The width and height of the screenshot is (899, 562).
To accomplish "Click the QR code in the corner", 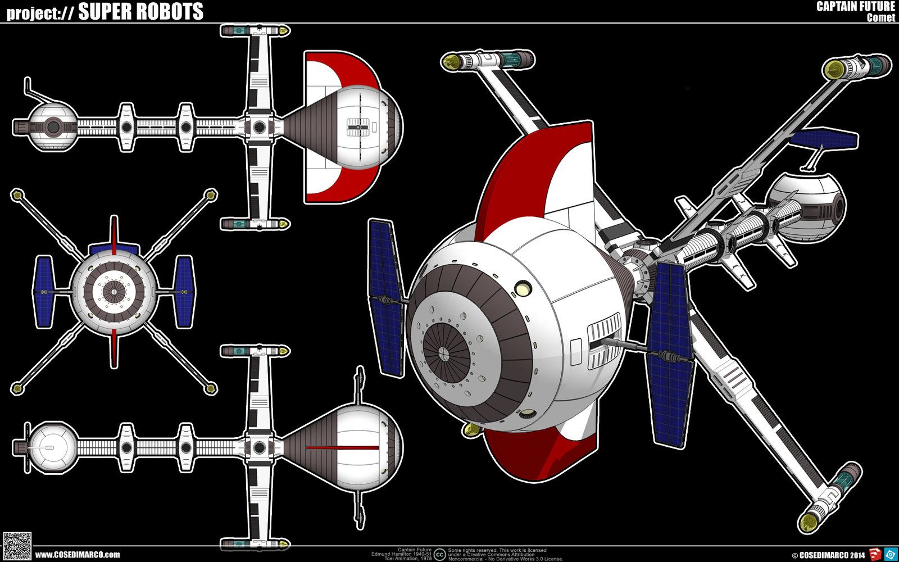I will pyautogui.click(x=17, y=546).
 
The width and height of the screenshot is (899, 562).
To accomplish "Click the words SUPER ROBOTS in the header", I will pyautogui.click(x=140, y=12).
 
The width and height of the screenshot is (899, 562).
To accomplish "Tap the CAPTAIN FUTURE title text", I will pyautogui.click(x=855, y=7).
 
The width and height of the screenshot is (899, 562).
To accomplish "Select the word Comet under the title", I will pyautogui.click(x=880, y=17).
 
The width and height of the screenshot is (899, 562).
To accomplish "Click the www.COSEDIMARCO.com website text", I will pyautogui.click(x=78, y=555).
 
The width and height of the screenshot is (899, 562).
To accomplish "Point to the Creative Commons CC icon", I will pyautogui.click(x=440, y=555).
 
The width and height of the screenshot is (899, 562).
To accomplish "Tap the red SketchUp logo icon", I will pyautogui.click(x=874, y=554).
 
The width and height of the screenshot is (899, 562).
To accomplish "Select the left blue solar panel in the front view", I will pyautogui.click(x=43, y=291).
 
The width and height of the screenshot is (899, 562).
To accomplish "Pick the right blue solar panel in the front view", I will pyautogui.click(x=184, y=291).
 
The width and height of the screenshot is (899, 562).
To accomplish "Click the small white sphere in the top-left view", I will pyautogui.click(x=52, y=128).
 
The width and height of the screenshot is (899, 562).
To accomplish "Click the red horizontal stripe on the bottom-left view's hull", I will pyautogui.click(x=342, y=448).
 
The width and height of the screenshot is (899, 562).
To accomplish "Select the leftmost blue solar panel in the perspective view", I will pyautogui.click(x=385, y=298).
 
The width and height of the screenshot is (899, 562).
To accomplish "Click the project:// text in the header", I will pyautogui.click(x=40, y=13).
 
